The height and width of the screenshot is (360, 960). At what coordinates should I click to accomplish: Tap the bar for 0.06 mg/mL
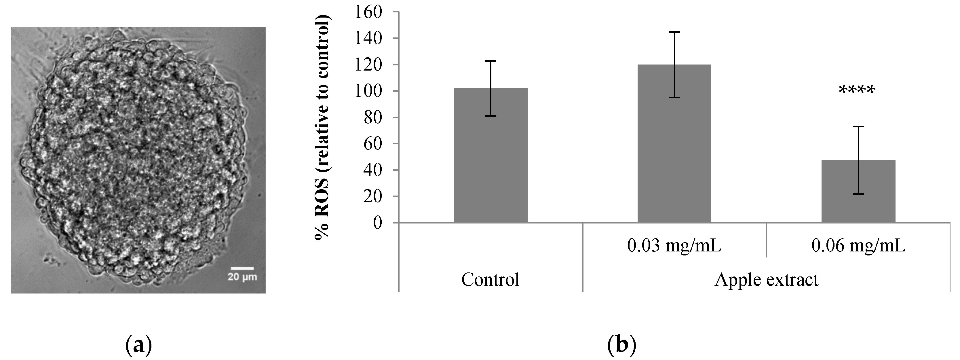858,192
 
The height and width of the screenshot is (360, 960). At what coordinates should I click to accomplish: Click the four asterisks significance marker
856,90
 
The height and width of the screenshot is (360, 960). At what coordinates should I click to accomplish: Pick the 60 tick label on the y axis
373,144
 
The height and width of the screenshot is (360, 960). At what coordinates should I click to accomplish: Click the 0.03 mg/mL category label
674,246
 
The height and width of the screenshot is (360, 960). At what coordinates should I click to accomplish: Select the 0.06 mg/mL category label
858,246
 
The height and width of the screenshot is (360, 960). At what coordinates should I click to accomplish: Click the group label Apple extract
766,279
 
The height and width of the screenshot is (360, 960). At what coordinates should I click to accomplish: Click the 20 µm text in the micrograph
242,277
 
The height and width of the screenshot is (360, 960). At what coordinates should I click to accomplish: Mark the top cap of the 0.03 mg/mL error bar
674,32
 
